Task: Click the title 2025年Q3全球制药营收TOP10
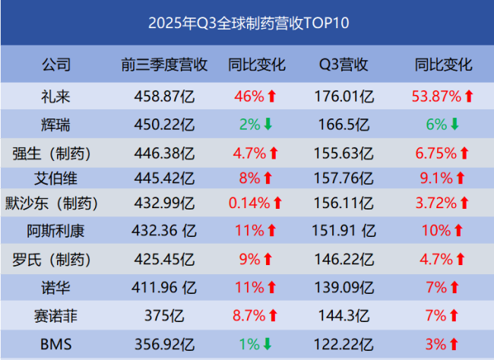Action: pyautogui.click(x=248, y=23)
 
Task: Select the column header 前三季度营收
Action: pyautogui.click(x=165, y=65)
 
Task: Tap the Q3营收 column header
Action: pyautogui.click(x=344, y=65)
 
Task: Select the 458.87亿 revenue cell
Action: pyautogui.click(x=165, y=96)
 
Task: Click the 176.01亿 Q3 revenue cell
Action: pyautogui.click(x=344, y=96)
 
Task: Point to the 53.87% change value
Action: pyautogui.click(x=437, y=96)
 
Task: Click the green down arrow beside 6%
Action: pyautogui.click(x=454, y=125)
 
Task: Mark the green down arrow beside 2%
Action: pyautogui.click(x=267, y=125)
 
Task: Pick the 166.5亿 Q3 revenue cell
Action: pyautogui.click(x=344, y=125)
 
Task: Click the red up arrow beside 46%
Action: pyautogui.click(x=271, y=96)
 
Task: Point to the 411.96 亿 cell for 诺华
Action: pyautogui.click(x=165, y=288)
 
